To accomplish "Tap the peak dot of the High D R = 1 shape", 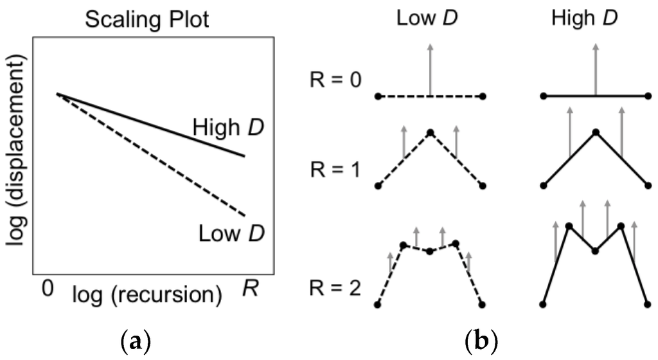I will tap(596, 133).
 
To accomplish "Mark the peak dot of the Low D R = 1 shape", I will tap(430, 133).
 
